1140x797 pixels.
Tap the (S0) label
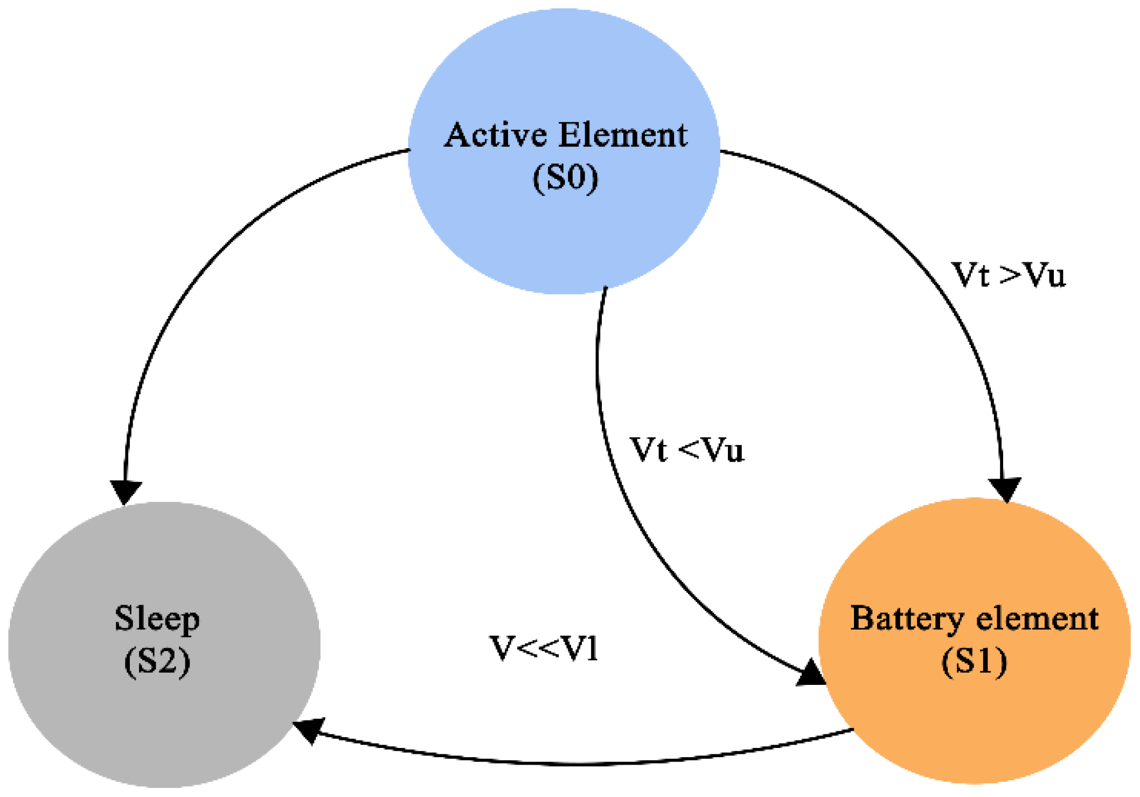click(x=565, y=178)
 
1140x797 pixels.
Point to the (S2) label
click(x=157, y=661)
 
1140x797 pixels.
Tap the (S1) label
click(x=974, y=661)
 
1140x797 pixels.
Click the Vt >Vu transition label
click(x=1008, y=275)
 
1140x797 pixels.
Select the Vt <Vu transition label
click(x=687, y=450)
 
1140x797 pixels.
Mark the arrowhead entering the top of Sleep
click(x=126, y=491)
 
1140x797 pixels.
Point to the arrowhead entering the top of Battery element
click(x=1005, y=488)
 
